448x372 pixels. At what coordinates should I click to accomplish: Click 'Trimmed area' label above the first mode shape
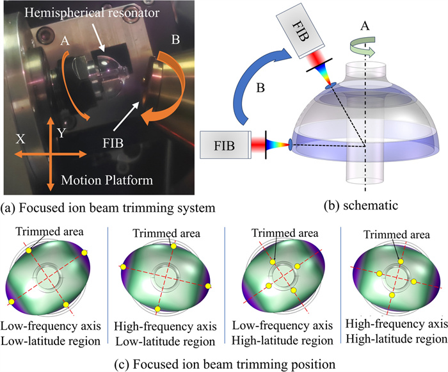pos(45,230)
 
